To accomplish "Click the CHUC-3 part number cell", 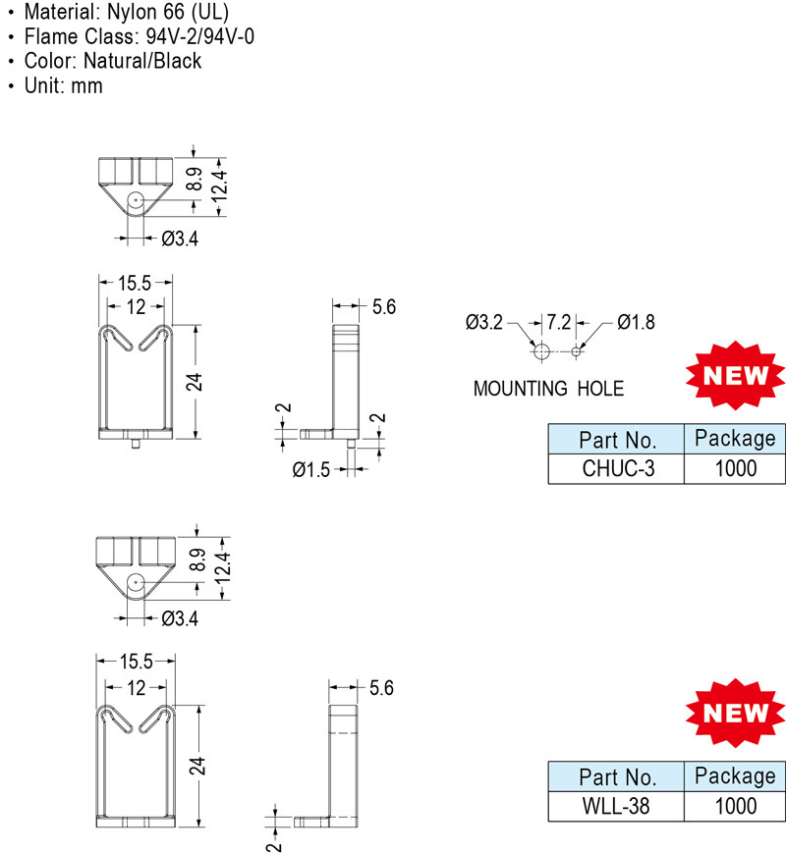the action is point(616,468).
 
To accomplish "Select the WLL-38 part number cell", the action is point(616,806).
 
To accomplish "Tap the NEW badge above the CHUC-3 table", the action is point(735,375).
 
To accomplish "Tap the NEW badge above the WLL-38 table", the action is point(735,713).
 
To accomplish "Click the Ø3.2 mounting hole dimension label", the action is point(484,322).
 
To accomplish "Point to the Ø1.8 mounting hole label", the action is point(637,322).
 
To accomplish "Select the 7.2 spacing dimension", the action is point(558,322).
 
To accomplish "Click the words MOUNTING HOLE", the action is point(548,389).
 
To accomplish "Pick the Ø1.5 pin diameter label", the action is point(311,469).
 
